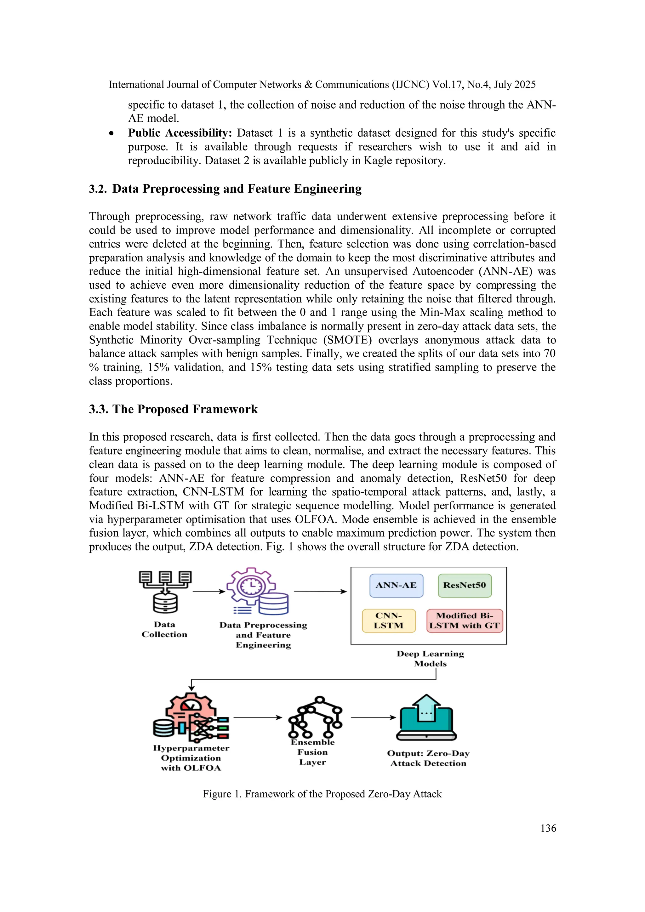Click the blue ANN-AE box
396,586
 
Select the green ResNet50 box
465,586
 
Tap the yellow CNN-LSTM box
389,620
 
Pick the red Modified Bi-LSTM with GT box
465,620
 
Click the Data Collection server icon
165,592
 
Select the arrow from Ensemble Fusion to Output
373,717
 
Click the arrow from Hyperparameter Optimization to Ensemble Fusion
258,717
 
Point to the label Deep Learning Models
431,659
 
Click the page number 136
548,828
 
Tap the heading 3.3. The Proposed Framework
173,409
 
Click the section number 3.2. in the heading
98,189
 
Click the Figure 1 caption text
322,794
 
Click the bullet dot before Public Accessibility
112,134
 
